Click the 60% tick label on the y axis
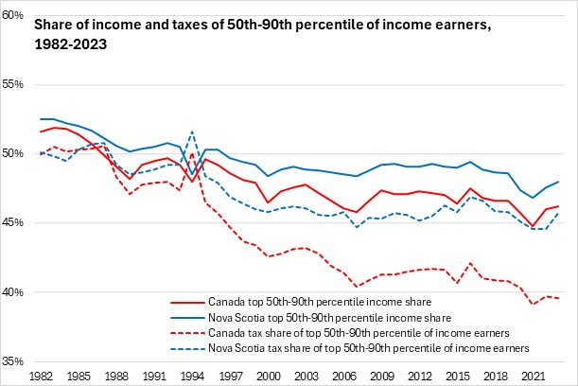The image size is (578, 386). (15, 16)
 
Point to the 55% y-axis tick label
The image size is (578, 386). (15, 85)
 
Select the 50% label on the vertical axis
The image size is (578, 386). (15, 154)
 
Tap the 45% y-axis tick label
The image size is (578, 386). (15, 223)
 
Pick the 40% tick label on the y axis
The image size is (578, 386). (15, 292)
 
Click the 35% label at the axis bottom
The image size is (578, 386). (15, 361)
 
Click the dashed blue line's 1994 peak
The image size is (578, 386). (192, 132)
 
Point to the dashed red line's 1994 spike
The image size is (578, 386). (192, 152)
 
